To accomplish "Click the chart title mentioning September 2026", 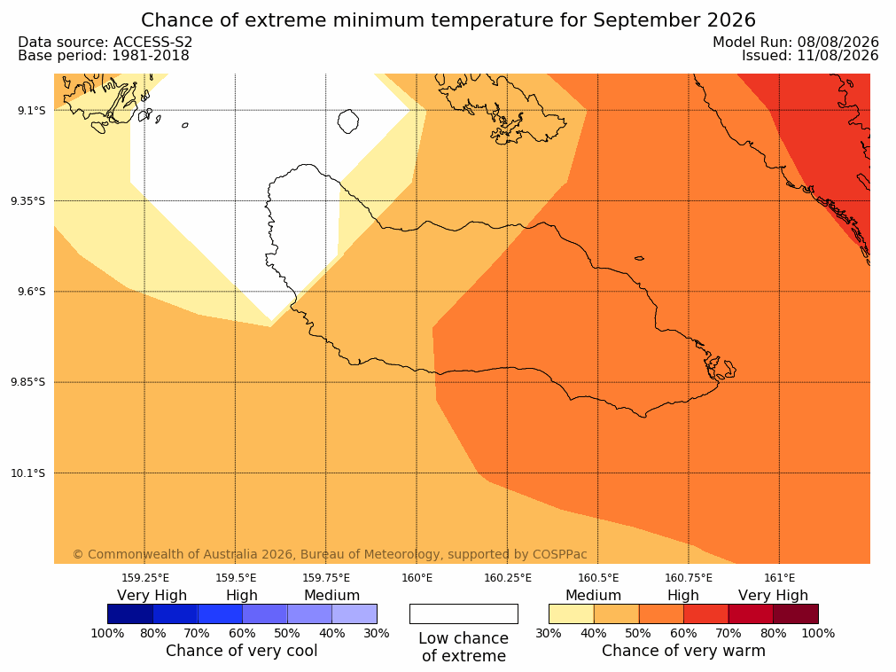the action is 448,20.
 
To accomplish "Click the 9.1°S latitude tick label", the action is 32,110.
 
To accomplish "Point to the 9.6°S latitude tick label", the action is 32,292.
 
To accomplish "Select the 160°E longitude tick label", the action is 417,578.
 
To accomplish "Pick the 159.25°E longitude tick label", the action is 145,578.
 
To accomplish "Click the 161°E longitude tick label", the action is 779,578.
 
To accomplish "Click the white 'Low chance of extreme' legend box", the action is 464,613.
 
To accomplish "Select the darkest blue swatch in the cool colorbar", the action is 130,613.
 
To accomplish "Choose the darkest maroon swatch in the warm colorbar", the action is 796,613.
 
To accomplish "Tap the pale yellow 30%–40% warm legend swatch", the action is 572,613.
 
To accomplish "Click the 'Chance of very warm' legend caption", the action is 683,651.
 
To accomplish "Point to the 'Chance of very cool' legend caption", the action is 242,651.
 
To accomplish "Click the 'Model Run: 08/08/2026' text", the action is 796,42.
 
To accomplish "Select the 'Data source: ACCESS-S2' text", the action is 105,42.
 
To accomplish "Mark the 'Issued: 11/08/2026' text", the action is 810,56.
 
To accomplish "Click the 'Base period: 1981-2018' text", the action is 104,56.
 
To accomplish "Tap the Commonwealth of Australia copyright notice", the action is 330,554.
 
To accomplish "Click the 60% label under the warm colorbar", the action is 683,633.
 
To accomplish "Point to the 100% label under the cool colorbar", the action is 107,633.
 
